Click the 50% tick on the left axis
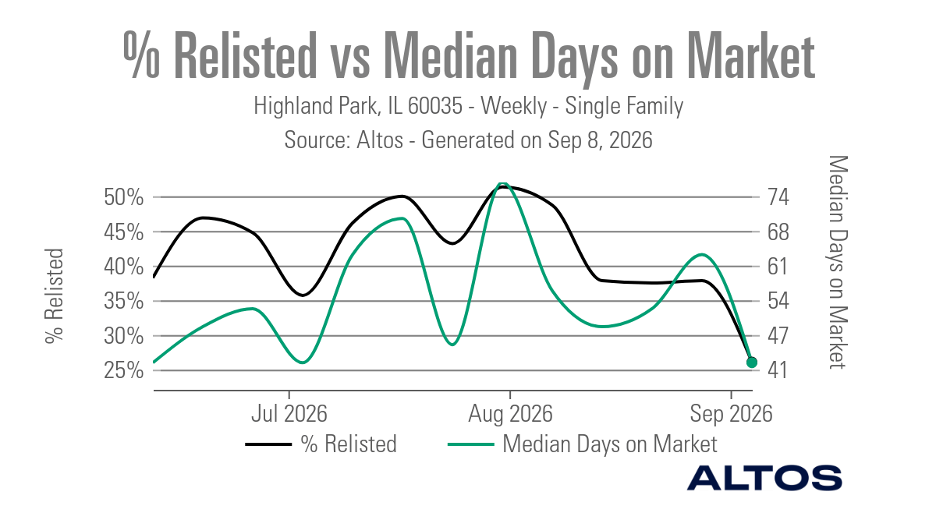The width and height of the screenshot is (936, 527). pos(124,197)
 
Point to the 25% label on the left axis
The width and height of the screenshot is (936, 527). pos(124,370)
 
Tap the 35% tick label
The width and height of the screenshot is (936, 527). pos(124,301)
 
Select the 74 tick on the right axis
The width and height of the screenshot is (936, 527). pos(778,197)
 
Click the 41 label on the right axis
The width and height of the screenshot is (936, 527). pos(777,370)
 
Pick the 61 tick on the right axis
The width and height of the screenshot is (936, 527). pos(777,267)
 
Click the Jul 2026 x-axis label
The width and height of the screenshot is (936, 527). pos(289,414)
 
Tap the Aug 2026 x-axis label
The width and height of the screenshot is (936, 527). pos(510,414)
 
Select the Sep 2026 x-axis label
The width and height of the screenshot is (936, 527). pos(732,414)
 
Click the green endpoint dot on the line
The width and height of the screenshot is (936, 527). pos(752,363)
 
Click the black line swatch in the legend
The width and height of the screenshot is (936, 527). pos(268,444)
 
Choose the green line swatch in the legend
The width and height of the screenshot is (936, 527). pos(471,444)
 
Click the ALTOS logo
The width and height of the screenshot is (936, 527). pos(764,478)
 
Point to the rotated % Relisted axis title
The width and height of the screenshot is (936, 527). pos(55,296)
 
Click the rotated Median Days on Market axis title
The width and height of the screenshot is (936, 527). pos(838,262)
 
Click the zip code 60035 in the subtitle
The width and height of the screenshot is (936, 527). pos(435,106)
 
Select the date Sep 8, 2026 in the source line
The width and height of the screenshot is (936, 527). pos(600,140)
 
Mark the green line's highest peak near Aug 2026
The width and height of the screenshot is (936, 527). pos(502,183)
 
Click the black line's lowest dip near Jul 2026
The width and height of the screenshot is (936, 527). pos(303,295)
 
